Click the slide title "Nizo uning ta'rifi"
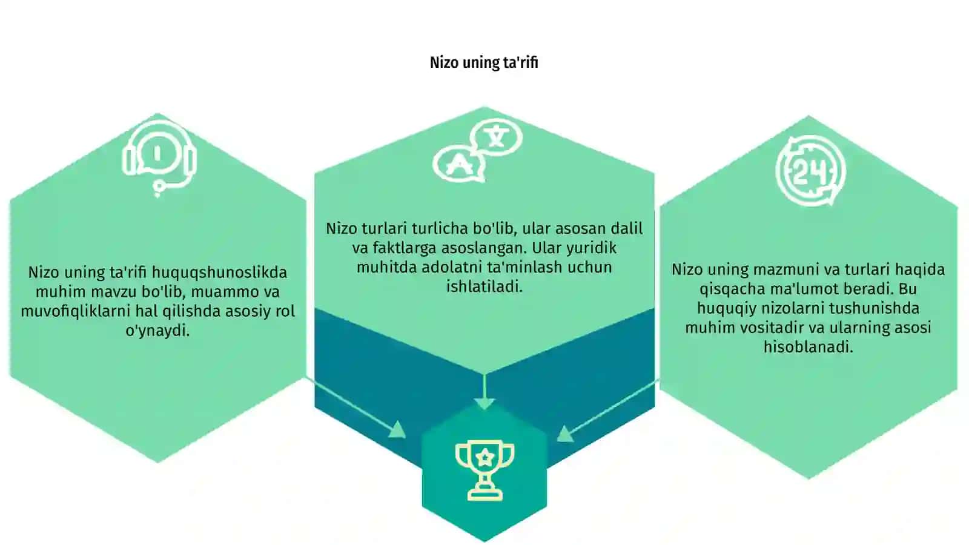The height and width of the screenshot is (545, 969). pos(484,63)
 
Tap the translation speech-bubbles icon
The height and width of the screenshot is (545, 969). pos(478,150)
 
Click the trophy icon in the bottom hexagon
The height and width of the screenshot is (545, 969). pos(484,471)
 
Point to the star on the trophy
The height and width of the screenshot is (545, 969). pos(485,457)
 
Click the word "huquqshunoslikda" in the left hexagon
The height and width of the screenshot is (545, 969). pos(219,273)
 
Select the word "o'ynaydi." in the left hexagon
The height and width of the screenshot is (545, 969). pos(157,331)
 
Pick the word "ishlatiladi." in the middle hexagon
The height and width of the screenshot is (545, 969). pos(484,286)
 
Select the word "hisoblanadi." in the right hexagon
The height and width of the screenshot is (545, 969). pos(808,347)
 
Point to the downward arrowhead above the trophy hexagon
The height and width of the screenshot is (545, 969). pos(484,404)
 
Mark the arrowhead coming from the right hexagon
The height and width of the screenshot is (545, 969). pos(566,434)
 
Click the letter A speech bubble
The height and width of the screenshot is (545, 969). pos(458,164)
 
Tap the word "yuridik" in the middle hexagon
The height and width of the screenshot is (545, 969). pos(591,248)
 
